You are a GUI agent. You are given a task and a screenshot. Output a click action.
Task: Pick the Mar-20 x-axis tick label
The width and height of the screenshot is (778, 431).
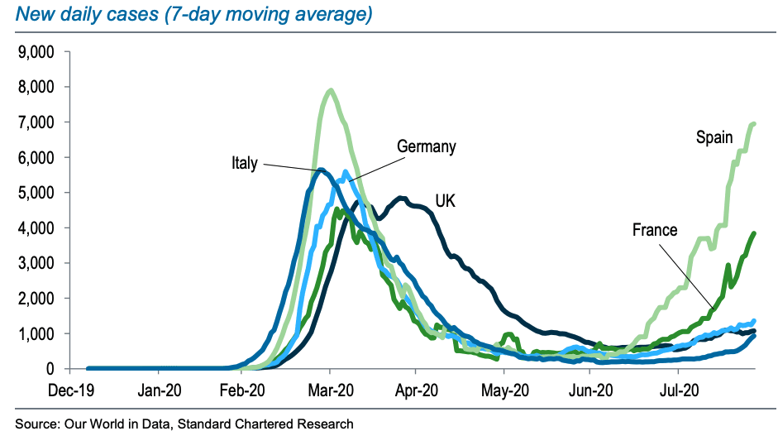point(330,388)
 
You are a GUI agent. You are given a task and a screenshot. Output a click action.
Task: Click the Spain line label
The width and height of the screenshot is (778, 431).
point(714,137)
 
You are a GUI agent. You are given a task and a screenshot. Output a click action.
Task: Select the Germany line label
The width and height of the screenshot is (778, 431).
point(427,147)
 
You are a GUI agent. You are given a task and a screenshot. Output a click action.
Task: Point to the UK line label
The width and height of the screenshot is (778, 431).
point(446,200)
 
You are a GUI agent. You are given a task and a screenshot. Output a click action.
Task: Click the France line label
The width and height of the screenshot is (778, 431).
point(656,230)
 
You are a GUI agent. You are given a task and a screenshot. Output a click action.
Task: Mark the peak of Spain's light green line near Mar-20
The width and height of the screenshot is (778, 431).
point(331,90)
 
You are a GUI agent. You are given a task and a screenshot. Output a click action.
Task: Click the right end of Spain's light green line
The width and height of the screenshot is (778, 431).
point(754,124)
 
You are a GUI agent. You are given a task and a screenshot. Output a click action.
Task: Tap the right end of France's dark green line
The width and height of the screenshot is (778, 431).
point(755,233)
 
